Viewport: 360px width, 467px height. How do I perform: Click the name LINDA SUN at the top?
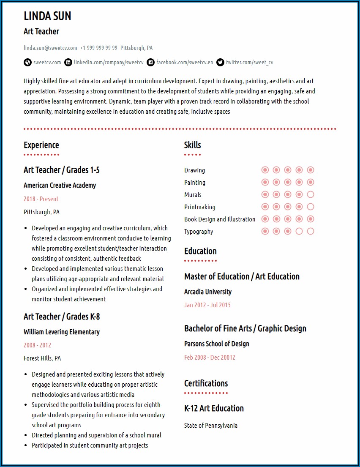pyautogui.click(x=47, y=16)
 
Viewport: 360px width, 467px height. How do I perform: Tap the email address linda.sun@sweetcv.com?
pyautogui.click(x=50, y=48)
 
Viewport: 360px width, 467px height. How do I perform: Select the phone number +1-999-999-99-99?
pyautogui.click(x=98, y=48)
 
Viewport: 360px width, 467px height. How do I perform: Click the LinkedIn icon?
pyautogui.click(x=68, y=63)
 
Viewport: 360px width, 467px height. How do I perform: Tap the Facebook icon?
pyautogui.click(x=151, y=63)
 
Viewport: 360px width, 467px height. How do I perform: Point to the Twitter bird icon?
pyautogui.click(x=220, y=63)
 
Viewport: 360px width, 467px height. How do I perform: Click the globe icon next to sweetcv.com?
pyautogui.click(x=27, y=63)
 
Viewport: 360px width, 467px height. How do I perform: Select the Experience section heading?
pyautogui.click(x=41, y=145)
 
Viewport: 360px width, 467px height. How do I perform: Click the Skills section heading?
pyautogui.click(x=192, y=145)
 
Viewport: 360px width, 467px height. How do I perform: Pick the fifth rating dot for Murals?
pyautogui.click(x=311, y=195)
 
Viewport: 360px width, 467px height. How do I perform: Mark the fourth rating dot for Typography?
pyautogui.click(x=299, y=232)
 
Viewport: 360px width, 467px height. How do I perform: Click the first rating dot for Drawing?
pyautogui.click(x=265, y=170)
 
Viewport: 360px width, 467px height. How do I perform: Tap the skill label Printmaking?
pyautogui.click(x=199, y=207)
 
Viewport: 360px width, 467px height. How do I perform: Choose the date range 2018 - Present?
pyautogui.click(x=41, y=199)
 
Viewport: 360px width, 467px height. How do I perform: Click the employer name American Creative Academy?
pyautogui.click(x=60, y=185)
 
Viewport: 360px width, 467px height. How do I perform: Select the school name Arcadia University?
pyautogui.click(x=208, y=292)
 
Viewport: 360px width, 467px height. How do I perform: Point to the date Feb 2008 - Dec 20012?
pyautogui.click(x=210, y=357)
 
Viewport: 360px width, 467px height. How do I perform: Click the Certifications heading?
pyautogui.click(x=206, y=383)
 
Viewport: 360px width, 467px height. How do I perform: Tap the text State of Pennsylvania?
pyautogui.click(x=211, y=426)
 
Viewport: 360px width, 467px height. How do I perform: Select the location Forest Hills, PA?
pyautogui.click(x=42, y=358)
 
